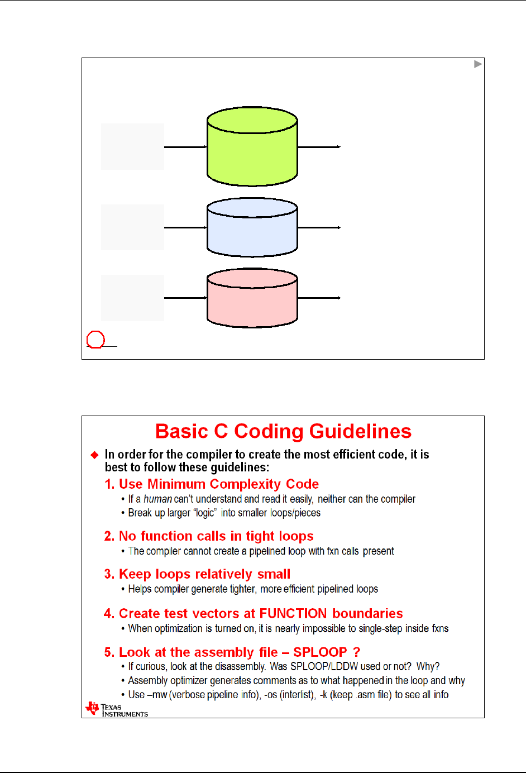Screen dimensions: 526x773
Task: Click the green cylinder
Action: (252, 147)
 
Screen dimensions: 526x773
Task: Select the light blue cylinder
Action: (252, 229)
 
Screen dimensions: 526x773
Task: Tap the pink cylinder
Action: (252, 300)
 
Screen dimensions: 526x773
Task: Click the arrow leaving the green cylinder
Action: (319, 147)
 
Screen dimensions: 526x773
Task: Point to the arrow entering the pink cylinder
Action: (185, 298)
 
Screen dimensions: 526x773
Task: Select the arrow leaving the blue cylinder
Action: (319, 227)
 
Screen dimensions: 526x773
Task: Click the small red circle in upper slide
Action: (95, 340)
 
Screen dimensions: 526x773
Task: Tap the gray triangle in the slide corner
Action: (477, 64)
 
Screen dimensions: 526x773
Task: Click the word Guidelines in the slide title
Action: (360, 432)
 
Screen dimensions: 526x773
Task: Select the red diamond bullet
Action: (94, 455)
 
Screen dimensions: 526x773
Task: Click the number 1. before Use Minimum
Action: (110, 484)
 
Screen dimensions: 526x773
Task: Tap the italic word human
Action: (157, 499)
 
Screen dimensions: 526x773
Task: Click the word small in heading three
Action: (274, 574)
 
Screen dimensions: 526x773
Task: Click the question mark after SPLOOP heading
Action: (356, 652)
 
